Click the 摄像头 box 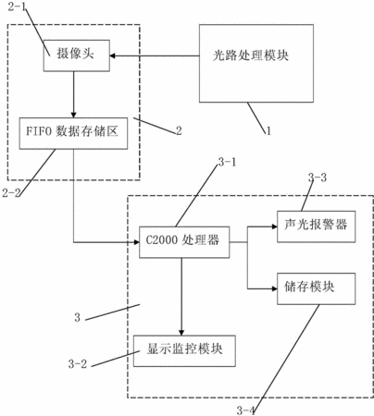(77, 55)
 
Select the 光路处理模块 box (256, 64)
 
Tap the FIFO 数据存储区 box (73, 133)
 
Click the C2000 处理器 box (184, 242)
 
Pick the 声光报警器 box (316, 226)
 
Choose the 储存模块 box (316, 288)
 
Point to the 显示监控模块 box (184, 351)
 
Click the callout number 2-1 (18, 6)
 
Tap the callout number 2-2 (11, 193)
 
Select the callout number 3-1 (227, 162)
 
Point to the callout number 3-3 (318, 177)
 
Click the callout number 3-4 (246, 410)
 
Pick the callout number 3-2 (78, 364)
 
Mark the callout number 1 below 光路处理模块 (268, 131)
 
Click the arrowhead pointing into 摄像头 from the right (113, 55)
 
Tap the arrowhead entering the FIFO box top (73, 115)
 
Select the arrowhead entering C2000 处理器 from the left (136, 242)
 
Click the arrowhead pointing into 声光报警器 (274, 226)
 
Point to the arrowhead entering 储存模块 (274, 288)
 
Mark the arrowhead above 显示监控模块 (181, 333)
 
